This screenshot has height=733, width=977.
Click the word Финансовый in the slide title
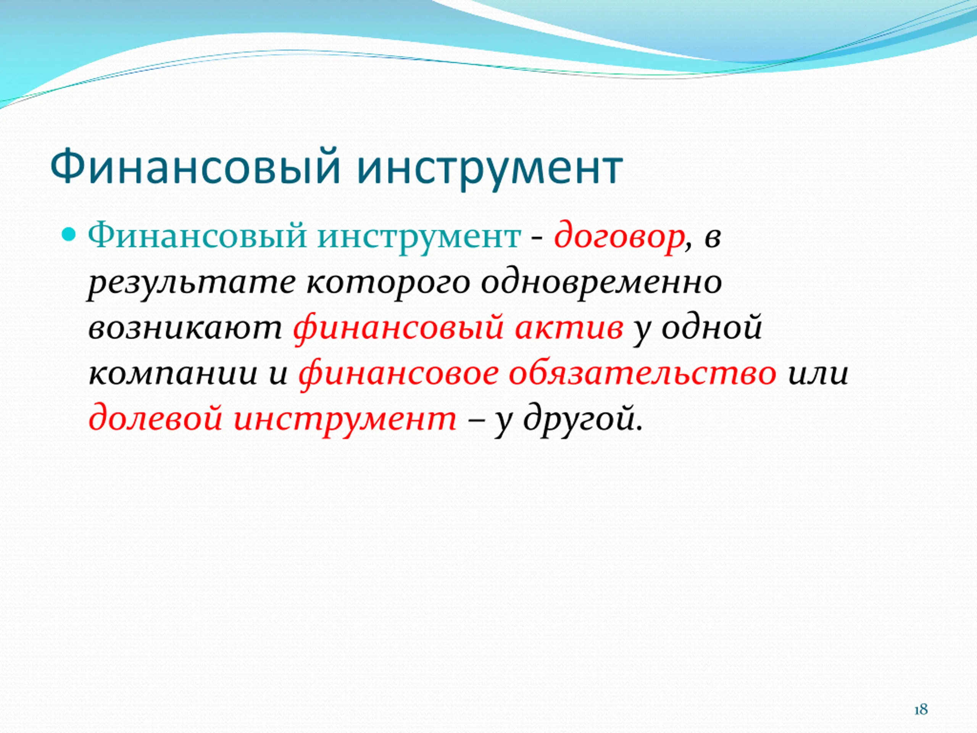coord(195,168)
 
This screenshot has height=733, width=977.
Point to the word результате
coord(191,284)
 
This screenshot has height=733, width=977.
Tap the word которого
coord(387,284)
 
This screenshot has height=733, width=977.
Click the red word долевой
coord(155,418)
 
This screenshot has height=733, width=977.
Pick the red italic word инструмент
coord(345,419)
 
